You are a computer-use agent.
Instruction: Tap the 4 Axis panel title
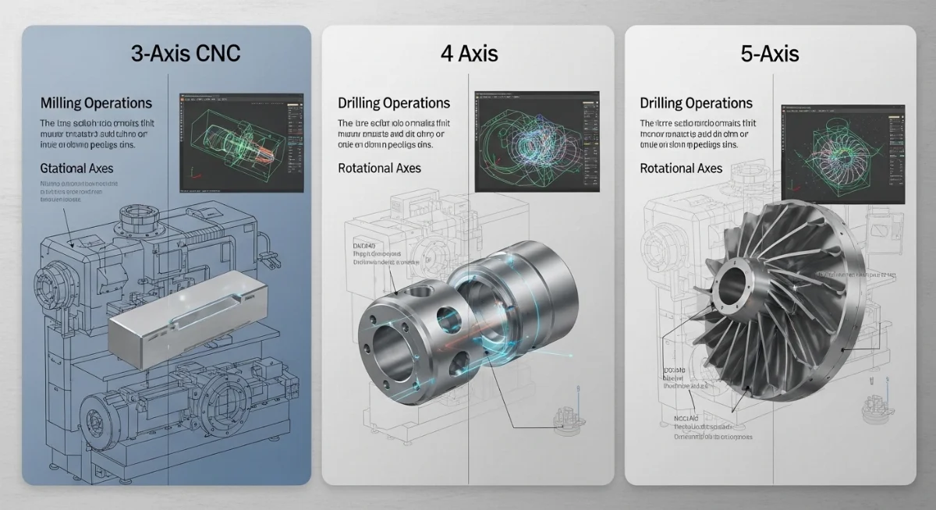468,54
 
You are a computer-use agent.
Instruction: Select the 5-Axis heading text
770,54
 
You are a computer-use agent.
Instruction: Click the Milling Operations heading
96,103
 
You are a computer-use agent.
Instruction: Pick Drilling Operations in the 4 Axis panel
394,103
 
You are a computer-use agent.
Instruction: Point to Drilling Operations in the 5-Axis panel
696,103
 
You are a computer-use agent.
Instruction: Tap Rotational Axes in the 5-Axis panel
681,168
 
